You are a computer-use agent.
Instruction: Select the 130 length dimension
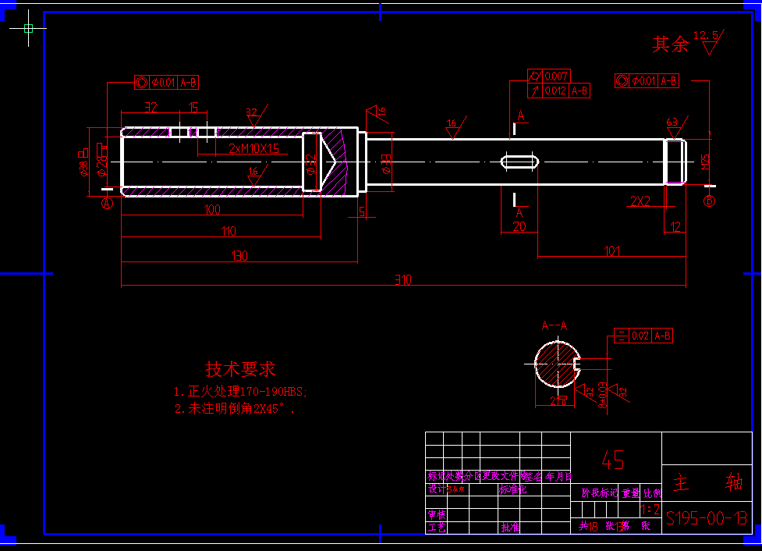[239, 256]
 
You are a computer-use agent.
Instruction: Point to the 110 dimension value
[228, 231]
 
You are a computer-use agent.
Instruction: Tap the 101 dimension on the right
[612, 251]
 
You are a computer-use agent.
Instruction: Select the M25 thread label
[706, 162]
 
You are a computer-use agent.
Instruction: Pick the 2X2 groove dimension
[640, 201]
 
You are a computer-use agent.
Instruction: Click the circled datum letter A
[108, 203]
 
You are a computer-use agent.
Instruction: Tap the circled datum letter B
[710, 201]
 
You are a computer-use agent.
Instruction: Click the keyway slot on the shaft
[519, 162]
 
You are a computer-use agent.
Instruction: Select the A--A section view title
[555, 326]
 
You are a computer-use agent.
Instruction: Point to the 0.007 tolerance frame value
[556, 76]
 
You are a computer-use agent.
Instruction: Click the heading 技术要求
[240, 369]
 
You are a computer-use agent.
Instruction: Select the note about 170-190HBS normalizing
[240, 391]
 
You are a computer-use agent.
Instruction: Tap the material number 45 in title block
[613, 460]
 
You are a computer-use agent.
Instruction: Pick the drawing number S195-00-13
[707, 517]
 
